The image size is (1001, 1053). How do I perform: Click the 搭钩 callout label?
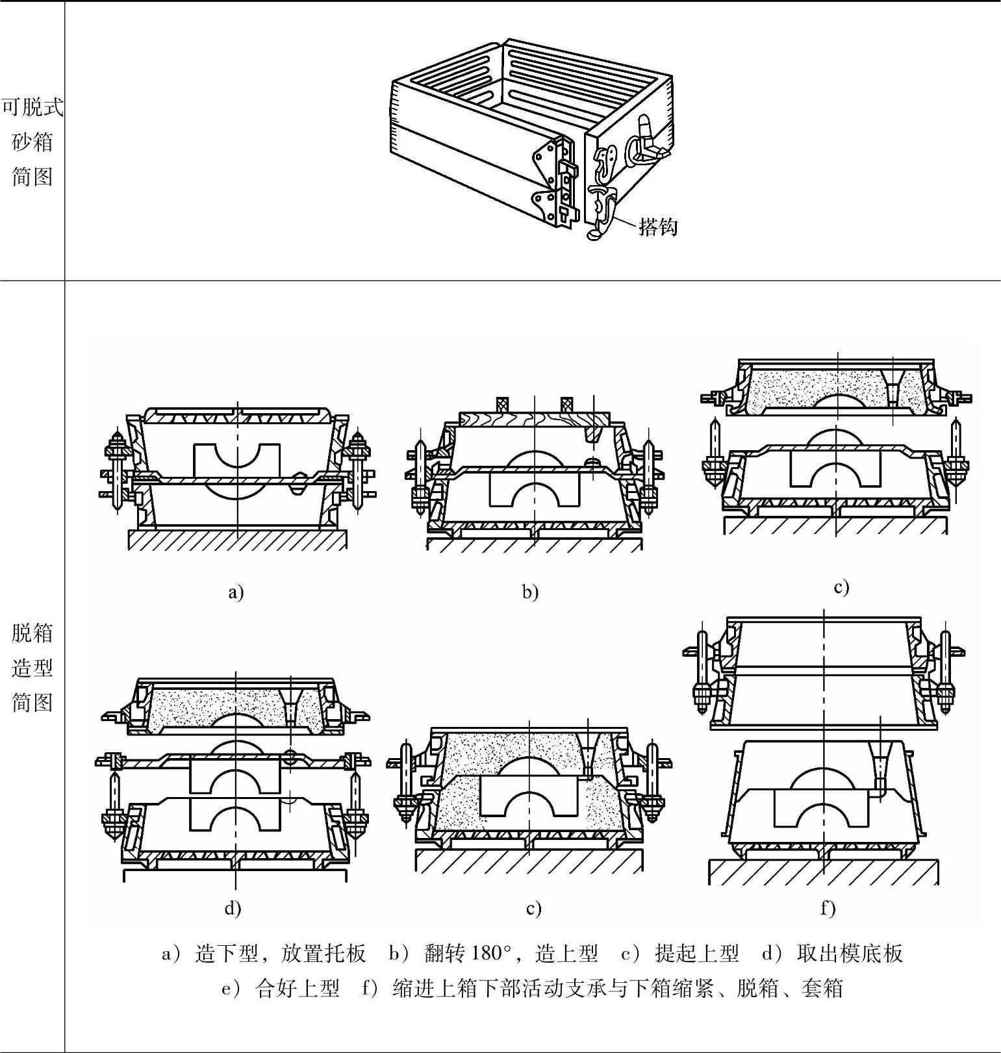pos(658,226)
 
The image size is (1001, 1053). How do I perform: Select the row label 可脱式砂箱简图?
pos(32,142)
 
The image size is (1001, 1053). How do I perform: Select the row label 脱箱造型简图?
pos(32,667)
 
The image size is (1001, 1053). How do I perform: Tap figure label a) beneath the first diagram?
pos(236,592)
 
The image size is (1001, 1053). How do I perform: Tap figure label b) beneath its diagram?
pos(531,592)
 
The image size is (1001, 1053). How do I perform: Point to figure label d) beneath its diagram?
pos(233,907)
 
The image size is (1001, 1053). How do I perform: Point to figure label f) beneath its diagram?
pos(828,907)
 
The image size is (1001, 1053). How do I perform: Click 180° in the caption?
pos(492,954)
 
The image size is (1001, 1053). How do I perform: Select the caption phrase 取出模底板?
pos(850,954)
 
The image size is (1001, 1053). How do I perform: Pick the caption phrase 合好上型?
pos(298,989)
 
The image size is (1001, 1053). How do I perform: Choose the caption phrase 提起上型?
pos(697,954)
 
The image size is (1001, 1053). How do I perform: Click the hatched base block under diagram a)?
pos(237,540)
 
